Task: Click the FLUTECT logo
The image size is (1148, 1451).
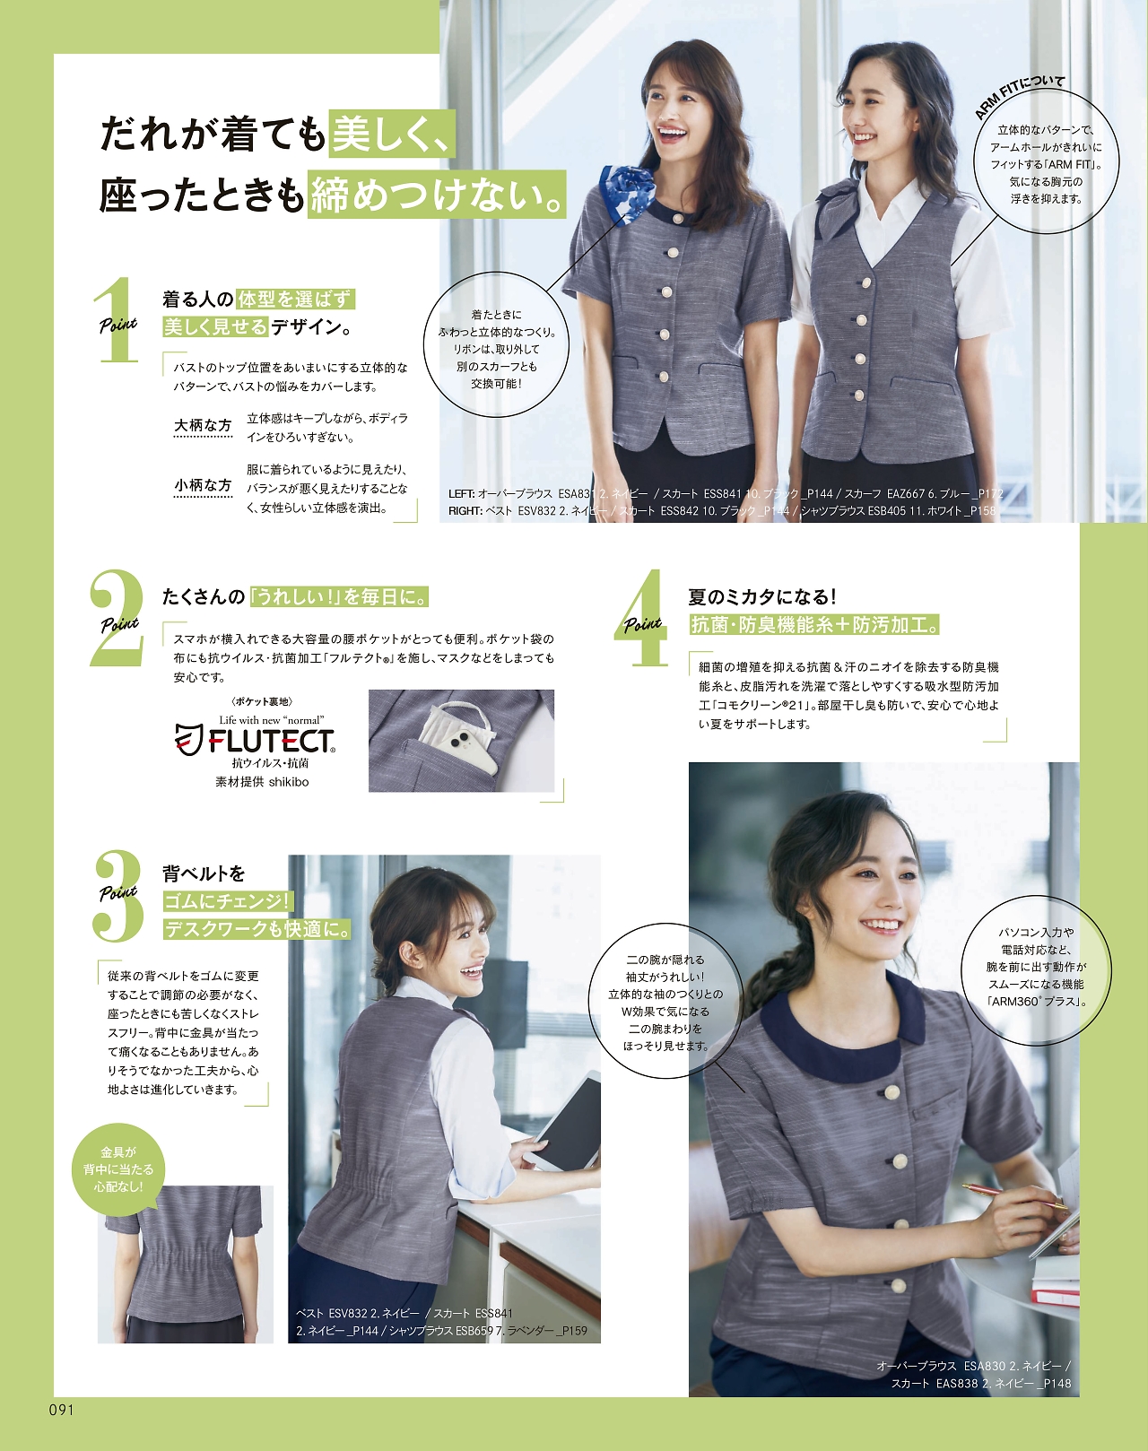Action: pos(255,742)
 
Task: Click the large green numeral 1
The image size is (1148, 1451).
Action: pos(118,321)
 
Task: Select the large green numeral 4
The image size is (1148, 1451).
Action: pos(643,618)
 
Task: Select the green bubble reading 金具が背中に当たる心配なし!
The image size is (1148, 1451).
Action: pos(118,1169)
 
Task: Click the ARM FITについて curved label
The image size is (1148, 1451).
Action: pos(1019,97)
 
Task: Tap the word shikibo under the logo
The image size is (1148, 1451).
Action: pos(289,782)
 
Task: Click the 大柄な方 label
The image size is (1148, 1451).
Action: pos(203,425)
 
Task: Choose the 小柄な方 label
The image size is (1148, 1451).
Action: pos(203,485)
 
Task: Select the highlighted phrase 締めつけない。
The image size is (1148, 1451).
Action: pos(437,195)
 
